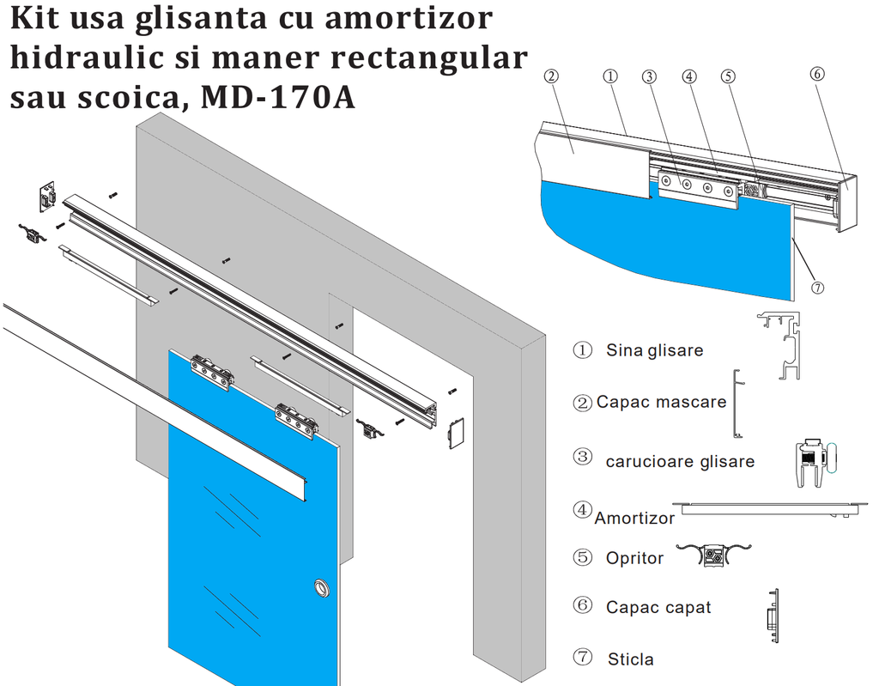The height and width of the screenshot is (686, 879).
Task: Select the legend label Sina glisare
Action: pos(654,350)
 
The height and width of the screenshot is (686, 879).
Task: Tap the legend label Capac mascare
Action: pos(661,402)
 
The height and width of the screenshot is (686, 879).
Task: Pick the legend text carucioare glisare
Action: pos(680,462)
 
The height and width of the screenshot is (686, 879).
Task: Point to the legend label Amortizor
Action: pos(634,518)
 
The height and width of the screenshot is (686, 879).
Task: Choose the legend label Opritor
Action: pos(634,558)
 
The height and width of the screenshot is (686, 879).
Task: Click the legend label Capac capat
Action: pos(658,607)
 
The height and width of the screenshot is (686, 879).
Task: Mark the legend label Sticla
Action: pos(630,659)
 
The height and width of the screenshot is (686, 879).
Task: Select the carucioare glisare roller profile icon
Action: pos(813,464)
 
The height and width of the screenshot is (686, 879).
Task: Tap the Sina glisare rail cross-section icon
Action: pos(782,344)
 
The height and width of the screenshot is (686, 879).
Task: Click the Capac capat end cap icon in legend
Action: pos(772,616)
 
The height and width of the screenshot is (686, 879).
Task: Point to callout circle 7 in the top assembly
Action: pos(817,288)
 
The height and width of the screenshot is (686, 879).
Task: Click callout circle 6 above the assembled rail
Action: pos(817,74)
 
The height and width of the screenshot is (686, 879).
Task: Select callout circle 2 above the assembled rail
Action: pos(551,76)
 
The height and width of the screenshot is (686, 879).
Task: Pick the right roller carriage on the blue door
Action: pos(297,418)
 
